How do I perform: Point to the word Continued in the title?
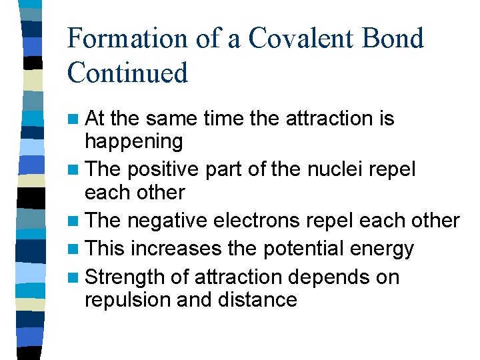click(x=127, y=73)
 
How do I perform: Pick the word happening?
click(x=133, y=142)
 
